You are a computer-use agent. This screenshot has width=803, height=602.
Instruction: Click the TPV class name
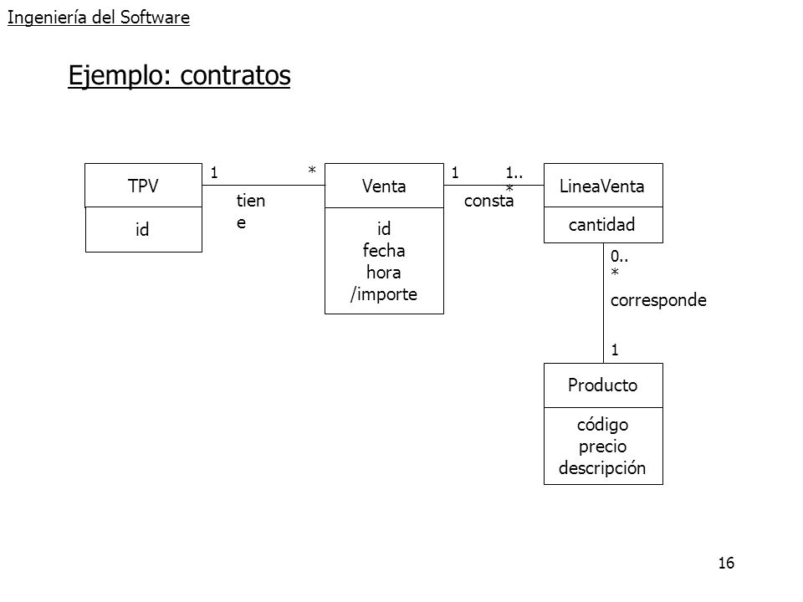pyautogui.click(x=143, y=186)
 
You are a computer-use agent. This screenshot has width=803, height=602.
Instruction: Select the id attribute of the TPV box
pyautogui.click(x=142, y=229)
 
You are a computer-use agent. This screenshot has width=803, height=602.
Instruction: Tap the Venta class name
pyautogui.click(x=384, y=186)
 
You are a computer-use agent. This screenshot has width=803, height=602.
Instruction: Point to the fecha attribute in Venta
pyautogui.click(x=384, y=250)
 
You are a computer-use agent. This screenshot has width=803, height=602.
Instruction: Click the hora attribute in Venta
pyautogui.click(x=384, y=272)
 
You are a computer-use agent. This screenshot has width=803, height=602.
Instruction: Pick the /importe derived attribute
pyautogui.click(x=384, y=293)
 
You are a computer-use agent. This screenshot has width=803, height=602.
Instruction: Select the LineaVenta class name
pyautogui.click(x=601, y=186)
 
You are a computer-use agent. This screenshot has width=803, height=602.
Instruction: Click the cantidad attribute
pyautogui.click(x=601, y=224)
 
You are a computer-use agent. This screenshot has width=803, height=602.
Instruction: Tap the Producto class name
pyautogui.click(x=603, y=385)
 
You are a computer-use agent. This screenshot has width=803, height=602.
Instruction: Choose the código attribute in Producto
pyautogui.click(x=603, y=425)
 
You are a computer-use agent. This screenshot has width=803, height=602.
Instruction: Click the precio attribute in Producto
pyautogui.click(x=603, y=446)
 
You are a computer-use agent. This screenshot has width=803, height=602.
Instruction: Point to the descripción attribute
pyautogui.click(x=602, y=468)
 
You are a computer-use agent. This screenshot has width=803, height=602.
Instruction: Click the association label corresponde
pyautogui.click(x=658, y=300)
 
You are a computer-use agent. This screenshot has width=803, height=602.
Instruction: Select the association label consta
pyautogui.click(x=488, y=201)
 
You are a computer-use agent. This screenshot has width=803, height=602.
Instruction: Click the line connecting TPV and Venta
pyautogui.click(x=263, y=185)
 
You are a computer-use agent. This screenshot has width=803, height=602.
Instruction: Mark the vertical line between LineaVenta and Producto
pyautogui.click(x=603, y=303)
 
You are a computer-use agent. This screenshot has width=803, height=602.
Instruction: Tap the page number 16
pyautogui.click(x=726, y=563)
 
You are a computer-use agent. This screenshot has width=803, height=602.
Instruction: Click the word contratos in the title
pyautogui.click(x=235, y=75)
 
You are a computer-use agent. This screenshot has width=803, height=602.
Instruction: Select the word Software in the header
pyautogui.click(x=155, y=18)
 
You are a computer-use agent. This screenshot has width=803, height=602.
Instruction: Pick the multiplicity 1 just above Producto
pyautogui.click(x=615, y=350)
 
